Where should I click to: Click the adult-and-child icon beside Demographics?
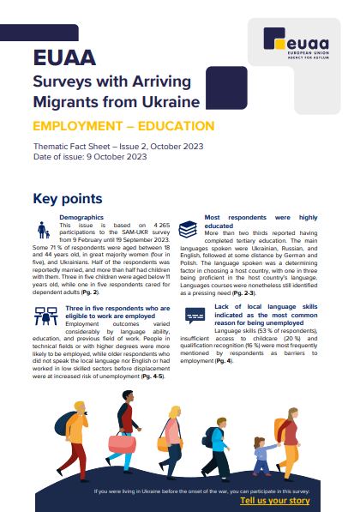(x=44, y=229)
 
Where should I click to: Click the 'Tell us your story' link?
(x=274, y=499)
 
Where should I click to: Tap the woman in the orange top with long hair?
(x=172, y=437)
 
